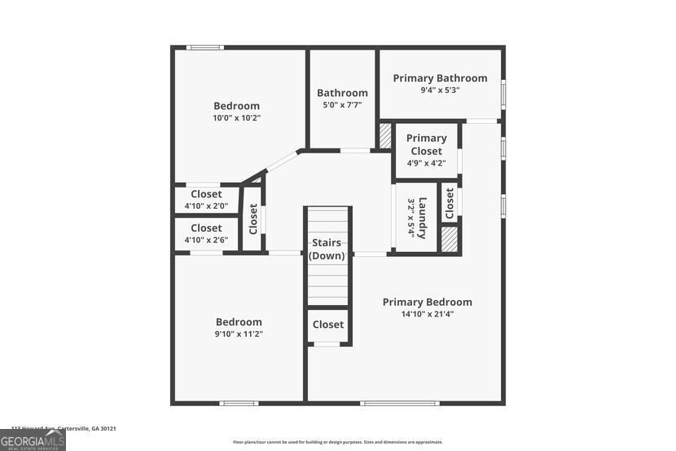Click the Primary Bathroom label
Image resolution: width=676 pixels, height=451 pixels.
[x=440, y=78]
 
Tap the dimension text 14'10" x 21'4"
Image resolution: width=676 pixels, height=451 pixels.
[x=427, y=314]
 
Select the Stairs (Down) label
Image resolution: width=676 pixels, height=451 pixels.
[x=327, y=250]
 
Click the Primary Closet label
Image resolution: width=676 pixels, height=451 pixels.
[x=427, y=144]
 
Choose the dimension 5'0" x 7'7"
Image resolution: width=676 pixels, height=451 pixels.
[x=342, y=105]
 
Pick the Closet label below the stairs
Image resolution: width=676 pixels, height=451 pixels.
[x=328, y=325]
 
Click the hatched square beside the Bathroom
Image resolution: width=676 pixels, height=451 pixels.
[x=385, y=135]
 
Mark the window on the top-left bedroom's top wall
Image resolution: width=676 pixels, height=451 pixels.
[x=205, y=47]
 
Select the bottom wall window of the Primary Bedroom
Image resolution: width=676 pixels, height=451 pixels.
[x=400, y=403]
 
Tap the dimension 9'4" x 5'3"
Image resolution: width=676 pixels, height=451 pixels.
[x=440, y=91]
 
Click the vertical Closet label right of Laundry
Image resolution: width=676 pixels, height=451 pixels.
[x=449, y=203]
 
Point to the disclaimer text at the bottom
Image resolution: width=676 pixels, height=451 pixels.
[x=337, y=442]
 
